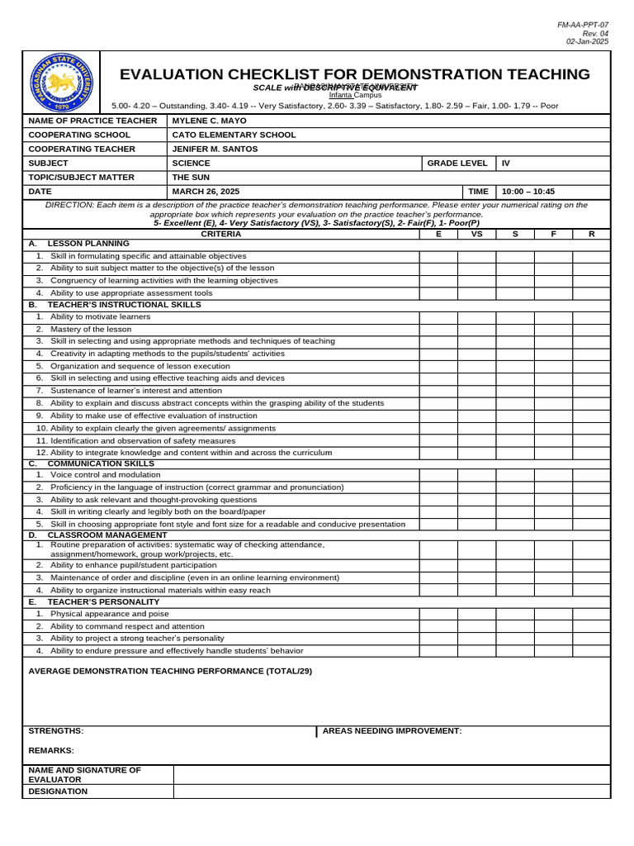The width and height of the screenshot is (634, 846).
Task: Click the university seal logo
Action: (61, 83)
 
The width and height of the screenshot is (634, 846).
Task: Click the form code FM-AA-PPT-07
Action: (583, 26)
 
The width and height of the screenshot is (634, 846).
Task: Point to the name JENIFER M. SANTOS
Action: (215, 149)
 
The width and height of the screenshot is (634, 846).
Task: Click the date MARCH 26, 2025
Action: (206, 192)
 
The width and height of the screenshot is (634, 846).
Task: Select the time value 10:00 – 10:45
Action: (528, 192)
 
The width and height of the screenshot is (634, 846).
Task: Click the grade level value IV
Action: (506, 164)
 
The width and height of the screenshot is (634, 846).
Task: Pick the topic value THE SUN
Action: (191, 178)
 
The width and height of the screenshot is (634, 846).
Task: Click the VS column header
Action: (476, 234)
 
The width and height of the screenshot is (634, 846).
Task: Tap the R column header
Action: (591, 234)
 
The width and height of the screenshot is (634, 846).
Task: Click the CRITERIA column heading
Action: (221, 234)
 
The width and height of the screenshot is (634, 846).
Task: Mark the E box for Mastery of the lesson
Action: (438, 329)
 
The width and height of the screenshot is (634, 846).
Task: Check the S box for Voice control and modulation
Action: (515, 475)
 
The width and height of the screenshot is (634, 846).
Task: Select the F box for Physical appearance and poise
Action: (553, 614)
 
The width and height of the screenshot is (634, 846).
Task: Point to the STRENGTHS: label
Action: (56, 731)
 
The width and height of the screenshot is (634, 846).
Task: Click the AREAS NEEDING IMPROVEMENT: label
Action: (392, 731)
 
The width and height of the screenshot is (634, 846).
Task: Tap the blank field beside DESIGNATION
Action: (391, 791)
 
